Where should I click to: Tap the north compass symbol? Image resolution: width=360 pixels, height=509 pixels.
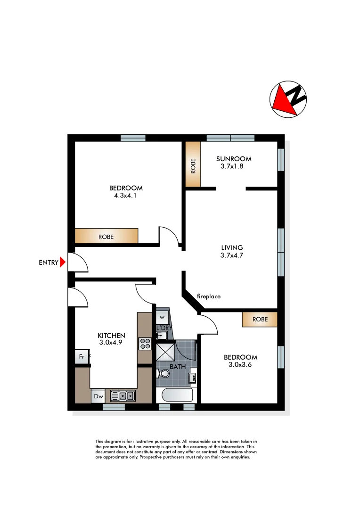tap(288, 99)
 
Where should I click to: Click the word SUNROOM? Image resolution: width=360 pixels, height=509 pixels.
tap(234, 159)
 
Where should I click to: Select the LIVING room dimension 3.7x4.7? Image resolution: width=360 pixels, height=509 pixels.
tap(232, 255)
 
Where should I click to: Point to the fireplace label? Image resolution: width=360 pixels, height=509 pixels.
tap(208, 296)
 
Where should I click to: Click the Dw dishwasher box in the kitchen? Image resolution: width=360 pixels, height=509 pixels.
tap(98, 396)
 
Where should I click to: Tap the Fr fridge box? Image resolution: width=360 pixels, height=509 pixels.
tap(82, 356)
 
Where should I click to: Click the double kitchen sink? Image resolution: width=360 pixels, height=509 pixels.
tap(123, 396)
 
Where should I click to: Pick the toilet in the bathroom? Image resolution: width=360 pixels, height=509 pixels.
tap(163, 374)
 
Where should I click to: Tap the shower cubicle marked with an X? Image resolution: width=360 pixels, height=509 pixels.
tap(165, 351)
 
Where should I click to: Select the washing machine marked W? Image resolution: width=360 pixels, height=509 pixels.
tap(162, 316)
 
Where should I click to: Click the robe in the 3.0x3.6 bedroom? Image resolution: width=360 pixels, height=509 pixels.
tap(260, 319)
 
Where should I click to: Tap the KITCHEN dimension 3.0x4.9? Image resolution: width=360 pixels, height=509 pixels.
tap(111, 343)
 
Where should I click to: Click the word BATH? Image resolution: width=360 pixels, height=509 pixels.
tap(177, 366)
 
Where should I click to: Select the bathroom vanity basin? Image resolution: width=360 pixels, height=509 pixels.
tap(192, 378)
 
